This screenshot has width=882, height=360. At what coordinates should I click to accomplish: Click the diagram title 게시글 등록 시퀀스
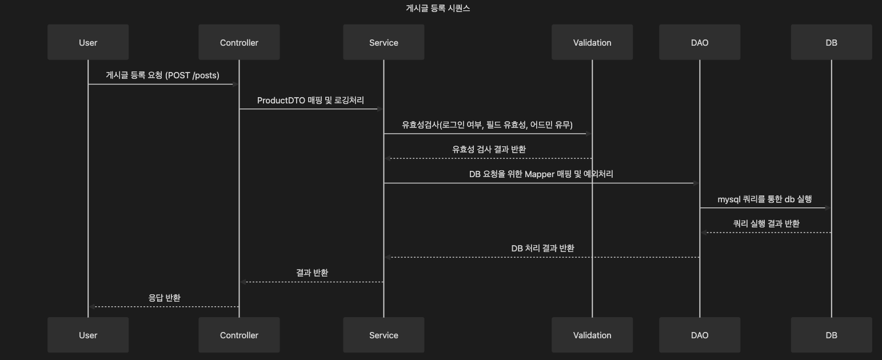437,9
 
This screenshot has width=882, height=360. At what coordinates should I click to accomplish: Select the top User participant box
88,42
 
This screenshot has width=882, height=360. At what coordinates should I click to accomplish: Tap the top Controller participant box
239,42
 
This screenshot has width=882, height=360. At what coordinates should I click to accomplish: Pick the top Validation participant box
592,42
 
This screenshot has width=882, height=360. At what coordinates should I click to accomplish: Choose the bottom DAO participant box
699,335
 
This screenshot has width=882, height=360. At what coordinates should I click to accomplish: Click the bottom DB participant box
831,335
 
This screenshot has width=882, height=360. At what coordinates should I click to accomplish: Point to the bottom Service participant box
384,335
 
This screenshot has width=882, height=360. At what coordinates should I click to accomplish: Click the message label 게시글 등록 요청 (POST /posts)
162,75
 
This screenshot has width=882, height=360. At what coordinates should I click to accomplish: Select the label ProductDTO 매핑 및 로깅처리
310,101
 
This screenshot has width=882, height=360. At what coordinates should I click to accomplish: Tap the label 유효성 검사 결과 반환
489,149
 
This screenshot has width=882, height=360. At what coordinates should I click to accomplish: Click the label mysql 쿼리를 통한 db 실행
764,199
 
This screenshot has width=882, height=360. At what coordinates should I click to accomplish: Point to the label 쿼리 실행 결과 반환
766,223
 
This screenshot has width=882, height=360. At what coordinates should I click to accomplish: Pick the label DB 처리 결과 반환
542,248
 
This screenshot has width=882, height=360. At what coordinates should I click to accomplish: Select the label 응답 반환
165,298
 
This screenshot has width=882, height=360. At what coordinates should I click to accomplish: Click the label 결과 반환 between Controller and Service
312,273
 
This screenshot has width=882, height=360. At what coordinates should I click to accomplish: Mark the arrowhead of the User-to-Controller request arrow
235,84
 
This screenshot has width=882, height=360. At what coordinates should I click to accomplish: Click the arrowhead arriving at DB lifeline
827,208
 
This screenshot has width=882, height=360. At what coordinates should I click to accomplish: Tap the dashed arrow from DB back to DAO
766,233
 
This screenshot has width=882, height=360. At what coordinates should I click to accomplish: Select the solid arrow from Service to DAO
537,183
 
